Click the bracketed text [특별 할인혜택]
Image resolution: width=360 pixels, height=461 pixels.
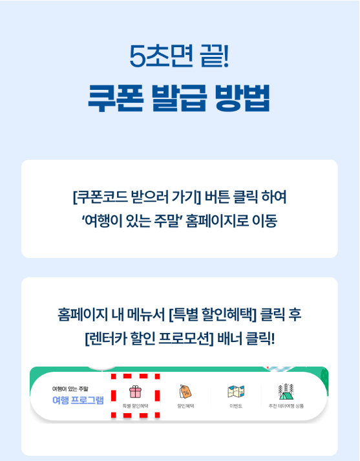[213, 315]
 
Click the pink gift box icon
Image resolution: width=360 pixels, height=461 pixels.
[135, 391]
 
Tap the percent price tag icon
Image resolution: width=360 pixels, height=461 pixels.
[185, 391]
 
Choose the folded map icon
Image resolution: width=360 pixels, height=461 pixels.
[235, 391]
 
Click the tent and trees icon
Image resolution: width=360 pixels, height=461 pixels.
[286, 391]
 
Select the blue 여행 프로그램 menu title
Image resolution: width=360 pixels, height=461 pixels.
[78, 400]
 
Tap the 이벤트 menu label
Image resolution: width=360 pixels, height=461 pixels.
[235, 406]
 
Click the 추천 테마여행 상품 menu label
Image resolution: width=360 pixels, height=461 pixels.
[286, 406]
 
